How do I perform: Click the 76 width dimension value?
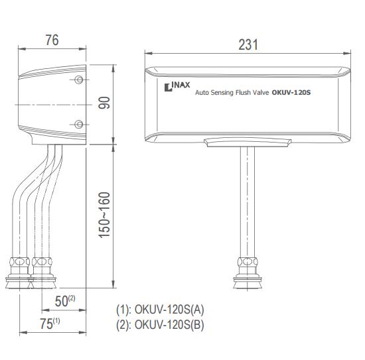pos(52,40)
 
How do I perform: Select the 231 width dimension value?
pos(248,44)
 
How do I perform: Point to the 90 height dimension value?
pos(104,103)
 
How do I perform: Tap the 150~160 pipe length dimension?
pos(104,215)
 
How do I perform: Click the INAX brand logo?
pos(177,86)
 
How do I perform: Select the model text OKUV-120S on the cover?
pos(291,93)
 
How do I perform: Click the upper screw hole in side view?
pos(79,80)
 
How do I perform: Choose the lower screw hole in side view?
pos(79,124)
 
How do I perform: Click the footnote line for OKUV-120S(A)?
pos(160,310)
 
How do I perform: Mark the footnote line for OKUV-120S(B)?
pos(160,325)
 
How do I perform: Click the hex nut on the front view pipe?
pos(248,262)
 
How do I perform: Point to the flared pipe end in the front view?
pos(248,282)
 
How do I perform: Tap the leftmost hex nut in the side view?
pos(19,262)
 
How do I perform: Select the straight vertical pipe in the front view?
pos(248,202)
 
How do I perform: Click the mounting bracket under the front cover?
pos(248,143)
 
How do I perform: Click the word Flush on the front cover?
pos(244,92)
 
